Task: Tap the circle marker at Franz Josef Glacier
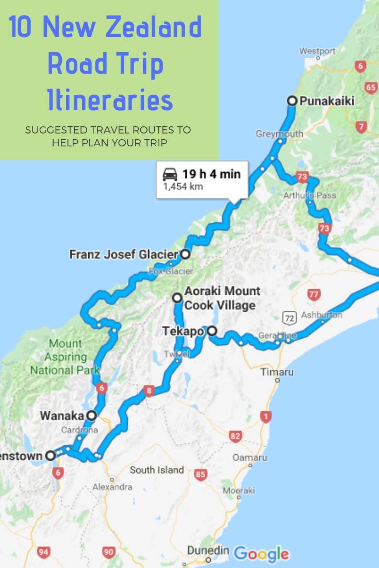(185, 254)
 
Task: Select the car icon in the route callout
(170, 174)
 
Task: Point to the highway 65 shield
(371, 87)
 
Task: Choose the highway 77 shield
(312, 295)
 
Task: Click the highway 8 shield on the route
(149, 392)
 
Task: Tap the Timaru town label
(277, 372)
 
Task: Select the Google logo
(261, 554)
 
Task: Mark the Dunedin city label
(208, 551)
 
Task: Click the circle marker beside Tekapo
(211, 331)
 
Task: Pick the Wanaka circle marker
(91, 415)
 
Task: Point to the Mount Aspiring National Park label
(65, 357)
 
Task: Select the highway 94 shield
(44, 553)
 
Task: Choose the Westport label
(317, 51)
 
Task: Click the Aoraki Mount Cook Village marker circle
(177, 297)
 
